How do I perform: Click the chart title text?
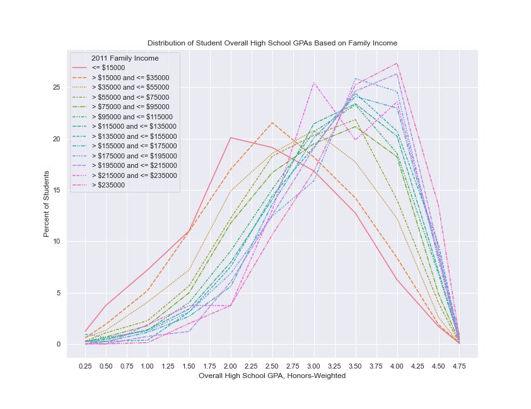tap(272, 43)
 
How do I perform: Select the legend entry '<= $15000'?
tap(109, 68)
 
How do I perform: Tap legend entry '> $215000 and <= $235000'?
tap(134, 175)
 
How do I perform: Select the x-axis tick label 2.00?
tap(231, 366)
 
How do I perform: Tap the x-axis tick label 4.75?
tap(458, 366)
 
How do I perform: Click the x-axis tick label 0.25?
tap(85, 366)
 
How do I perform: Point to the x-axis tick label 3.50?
tap(355, 366)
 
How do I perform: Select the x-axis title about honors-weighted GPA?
tap(272, 376)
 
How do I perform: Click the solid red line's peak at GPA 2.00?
tap(231, 138)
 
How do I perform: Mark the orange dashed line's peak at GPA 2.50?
tap(272, 122)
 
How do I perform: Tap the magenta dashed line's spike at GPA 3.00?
tap(313, 83)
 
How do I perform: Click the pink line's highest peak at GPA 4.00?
tap(397, 63)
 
